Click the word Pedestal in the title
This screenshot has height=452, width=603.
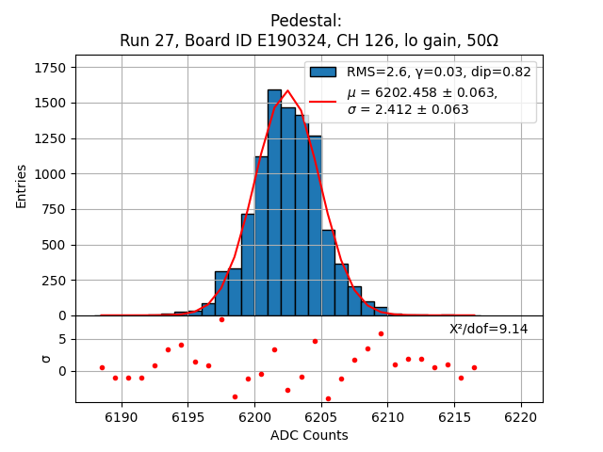pyautogui.click(x=305, y=21)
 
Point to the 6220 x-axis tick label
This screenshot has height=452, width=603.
pyautogui.click(x=521, y=416)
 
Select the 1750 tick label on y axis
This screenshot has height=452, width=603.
pyautogui.click(x=51, y=69)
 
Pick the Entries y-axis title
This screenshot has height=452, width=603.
pyautogui.click(x=22, y=185)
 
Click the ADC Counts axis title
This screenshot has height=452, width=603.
pyautogui.click(x=309, y=435)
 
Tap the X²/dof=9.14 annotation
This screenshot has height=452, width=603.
pyautogui.click(x=488, y=329)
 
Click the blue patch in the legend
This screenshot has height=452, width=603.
pyautogui.click(x=323, y=72)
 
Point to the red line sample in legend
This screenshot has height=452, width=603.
pyautogui.click(x=323, y=101)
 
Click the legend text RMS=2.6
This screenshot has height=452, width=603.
pyautogui.click(x=377, y=72)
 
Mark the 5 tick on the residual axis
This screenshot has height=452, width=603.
pyautogui.click(x=62, y=337)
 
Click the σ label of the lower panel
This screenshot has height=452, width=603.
pyautogui.click(x=45, y=358)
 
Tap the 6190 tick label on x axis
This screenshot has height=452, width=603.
pyautogui.click(x=122, y=416)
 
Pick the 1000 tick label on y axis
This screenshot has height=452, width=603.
pyautogui.click(x=51, y=174)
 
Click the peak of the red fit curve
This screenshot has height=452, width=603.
pyautogui.click(x=287, y=91)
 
